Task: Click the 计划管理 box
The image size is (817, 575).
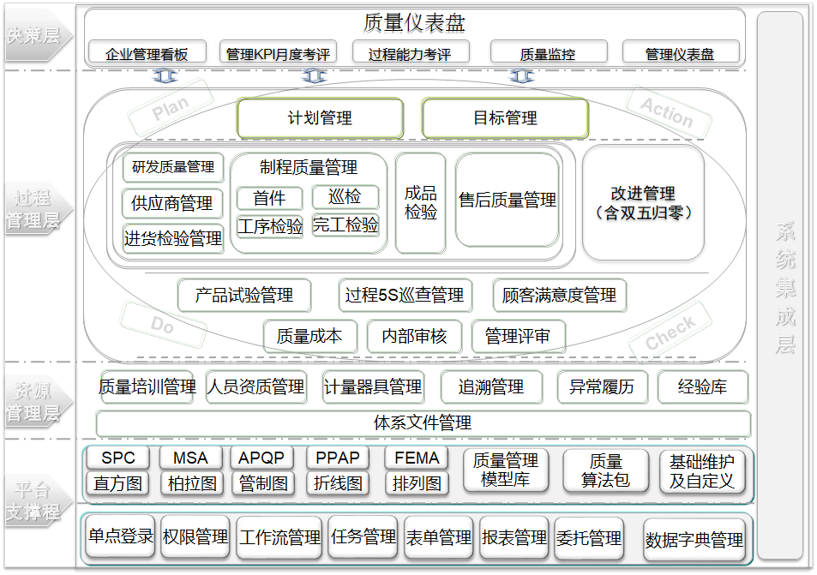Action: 320,118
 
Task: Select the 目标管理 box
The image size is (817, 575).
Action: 505,118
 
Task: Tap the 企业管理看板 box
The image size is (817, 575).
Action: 147,53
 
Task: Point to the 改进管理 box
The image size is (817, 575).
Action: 643,202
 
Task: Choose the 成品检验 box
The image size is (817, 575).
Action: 421,202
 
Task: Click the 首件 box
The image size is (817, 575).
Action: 269,198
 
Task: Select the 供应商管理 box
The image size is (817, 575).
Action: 172,204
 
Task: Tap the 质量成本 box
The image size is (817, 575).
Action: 309,337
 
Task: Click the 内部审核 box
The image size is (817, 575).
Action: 414,337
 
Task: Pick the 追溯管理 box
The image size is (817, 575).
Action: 491,387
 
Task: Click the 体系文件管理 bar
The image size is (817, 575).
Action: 423,423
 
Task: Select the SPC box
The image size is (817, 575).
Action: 118,458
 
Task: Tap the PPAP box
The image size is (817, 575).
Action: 338,458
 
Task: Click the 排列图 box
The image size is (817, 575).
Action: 417,483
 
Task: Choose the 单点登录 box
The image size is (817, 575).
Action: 120,537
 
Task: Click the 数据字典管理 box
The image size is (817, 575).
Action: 694,540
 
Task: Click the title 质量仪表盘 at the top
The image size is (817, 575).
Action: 415,22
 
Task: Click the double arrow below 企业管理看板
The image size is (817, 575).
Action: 166,76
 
